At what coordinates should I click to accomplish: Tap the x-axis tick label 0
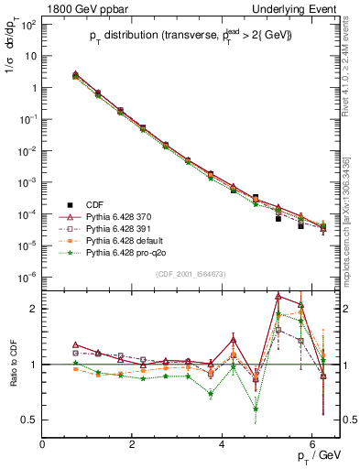pyautogui.click(x=42, y=444)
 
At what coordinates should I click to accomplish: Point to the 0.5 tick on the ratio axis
pyautogui.click(x=30, y=420)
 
